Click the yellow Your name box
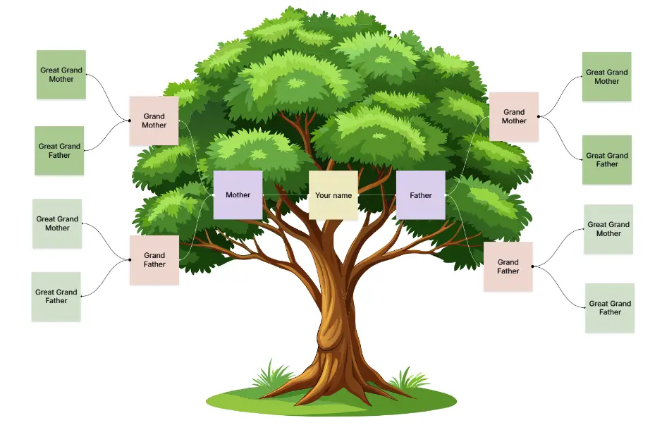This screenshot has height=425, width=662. pos(333,195)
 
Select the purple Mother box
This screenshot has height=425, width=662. pos(238,195)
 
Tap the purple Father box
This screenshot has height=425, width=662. pos(420,195)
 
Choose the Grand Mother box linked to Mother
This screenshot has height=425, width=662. pos(154,121)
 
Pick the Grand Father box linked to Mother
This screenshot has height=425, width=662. pos(154,260)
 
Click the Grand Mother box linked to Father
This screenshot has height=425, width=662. pos(513,116)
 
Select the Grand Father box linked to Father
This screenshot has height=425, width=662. pos(508,266)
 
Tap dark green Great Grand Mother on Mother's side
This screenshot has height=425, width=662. pos(61,74)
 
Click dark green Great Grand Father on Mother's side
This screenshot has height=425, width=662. pos(59,150)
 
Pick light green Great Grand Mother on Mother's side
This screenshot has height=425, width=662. pos(57,223)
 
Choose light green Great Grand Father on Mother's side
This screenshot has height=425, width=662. pos(56,296)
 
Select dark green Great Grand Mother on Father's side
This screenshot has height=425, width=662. pos(606,76)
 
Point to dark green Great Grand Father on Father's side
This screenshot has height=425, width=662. pos(606,159)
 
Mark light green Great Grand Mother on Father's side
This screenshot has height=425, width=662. pos(608,229)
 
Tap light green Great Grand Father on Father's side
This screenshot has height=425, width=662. pos(610,308)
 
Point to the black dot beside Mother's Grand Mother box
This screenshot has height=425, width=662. pos(130,121)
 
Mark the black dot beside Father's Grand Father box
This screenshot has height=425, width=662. pos(533,266)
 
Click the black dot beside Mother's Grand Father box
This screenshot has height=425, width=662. pos(130,260)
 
